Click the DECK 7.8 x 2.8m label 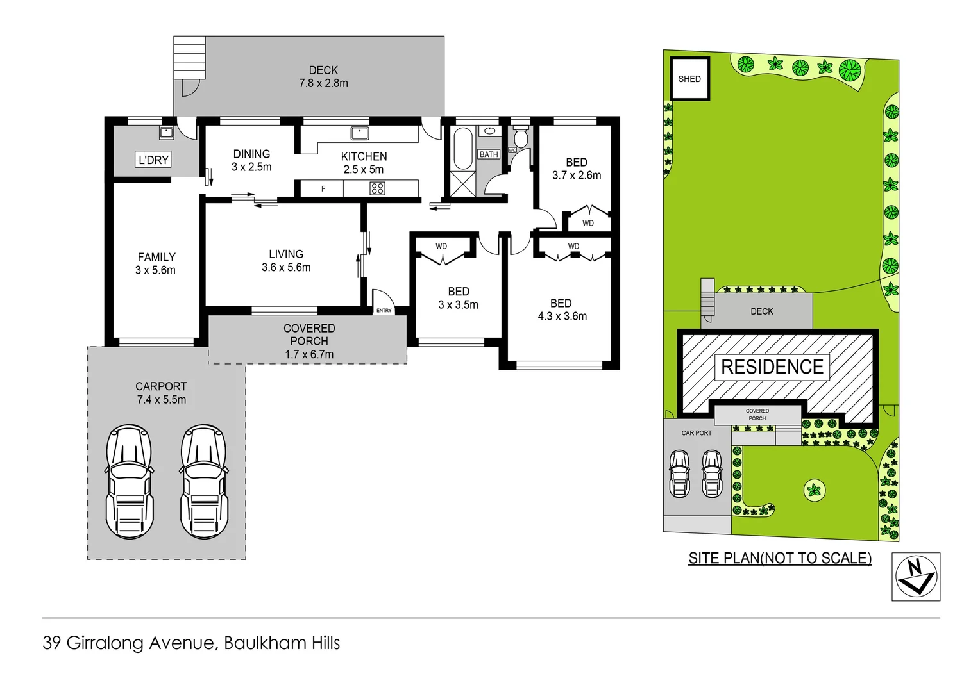[323, 77]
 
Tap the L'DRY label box [154, 160]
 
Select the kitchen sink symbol [359, 133]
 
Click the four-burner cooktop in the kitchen [377, 188]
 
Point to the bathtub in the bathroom [462, 148]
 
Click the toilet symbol [521, 136]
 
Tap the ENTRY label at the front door [384, 310]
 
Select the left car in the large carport [130, 481]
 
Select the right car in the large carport [204, 481]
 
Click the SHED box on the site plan [690, 79]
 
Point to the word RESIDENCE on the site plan [772, 367]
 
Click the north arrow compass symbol [916, 577]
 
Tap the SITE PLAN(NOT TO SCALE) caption [780, 558]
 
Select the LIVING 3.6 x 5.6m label [286, 261]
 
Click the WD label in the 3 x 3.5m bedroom [441, 247]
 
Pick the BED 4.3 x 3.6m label [562, 309]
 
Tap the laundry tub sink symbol [167, 133]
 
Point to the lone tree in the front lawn [814, 491]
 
